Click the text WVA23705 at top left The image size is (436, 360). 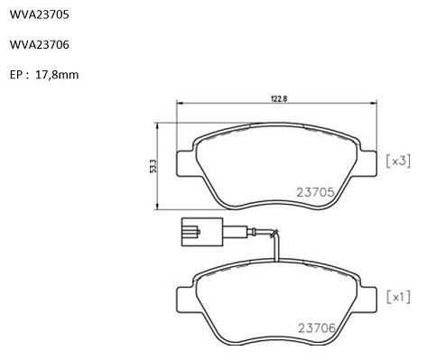pos(40,14)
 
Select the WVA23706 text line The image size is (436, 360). pos(40,44)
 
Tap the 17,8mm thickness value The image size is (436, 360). pos(57,75)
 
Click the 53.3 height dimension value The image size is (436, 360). pos(153,166)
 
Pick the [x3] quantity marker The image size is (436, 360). pos(398,162)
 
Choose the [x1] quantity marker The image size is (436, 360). pos(398,297)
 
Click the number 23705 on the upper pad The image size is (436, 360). pos(315,192)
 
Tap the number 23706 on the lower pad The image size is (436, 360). pos(317,328)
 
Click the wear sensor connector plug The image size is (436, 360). pos(202,232)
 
